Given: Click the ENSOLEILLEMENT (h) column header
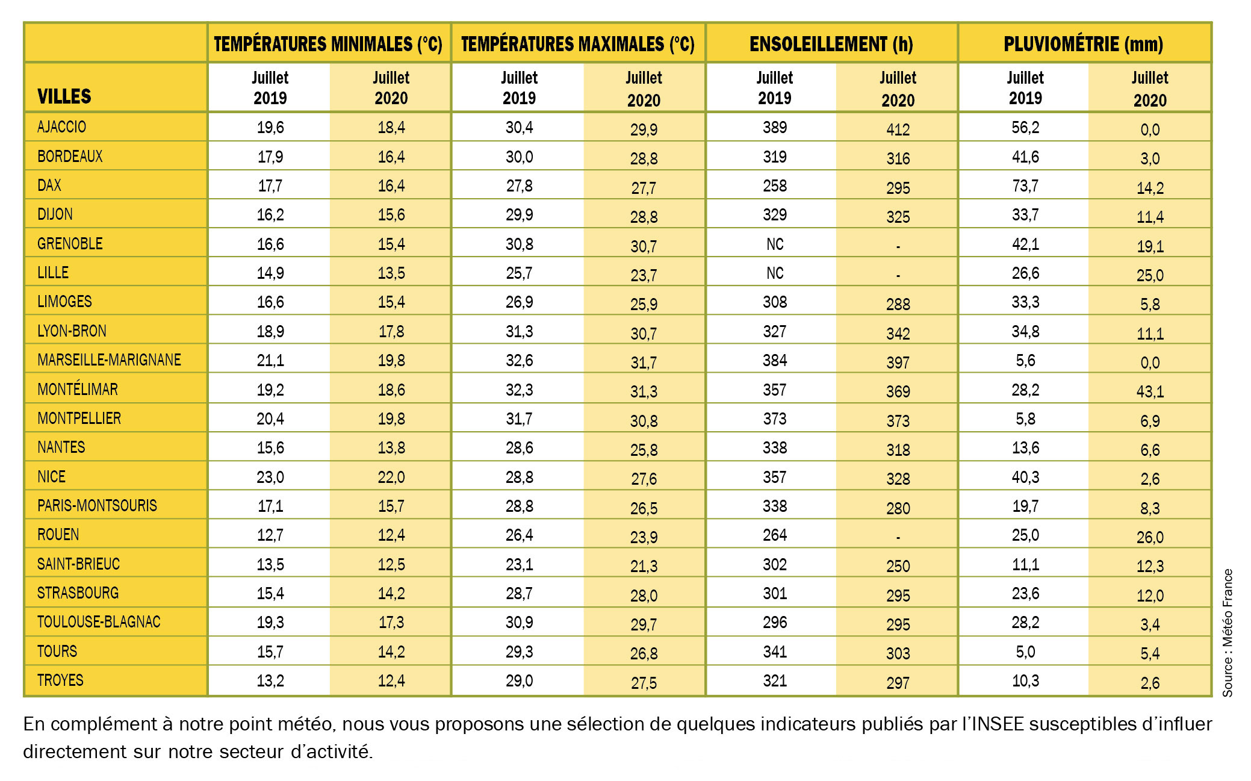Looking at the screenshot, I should pos(831,44).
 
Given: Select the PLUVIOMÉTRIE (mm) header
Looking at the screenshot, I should pos(1083,44).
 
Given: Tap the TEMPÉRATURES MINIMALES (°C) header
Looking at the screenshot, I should pos(328,44).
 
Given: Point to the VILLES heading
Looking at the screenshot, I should pos(64,96).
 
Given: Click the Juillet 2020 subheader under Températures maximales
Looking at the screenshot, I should pos(644,89).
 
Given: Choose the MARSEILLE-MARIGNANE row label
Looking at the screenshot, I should pos(109,360).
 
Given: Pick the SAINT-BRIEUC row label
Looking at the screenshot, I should pos(78,564).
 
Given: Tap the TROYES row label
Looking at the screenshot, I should pos(60,680).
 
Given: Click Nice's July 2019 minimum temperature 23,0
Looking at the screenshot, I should pos(270,478).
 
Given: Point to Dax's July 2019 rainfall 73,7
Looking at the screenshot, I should pos(1025,186).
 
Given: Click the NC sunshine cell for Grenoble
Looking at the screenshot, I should pos(775,244).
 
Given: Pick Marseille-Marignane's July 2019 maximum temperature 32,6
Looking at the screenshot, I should pos(519,361).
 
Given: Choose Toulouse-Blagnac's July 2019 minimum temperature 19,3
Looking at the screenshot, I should pos(270,623).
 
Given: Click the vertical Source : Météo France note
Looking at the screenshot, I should pos(1228,632).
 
